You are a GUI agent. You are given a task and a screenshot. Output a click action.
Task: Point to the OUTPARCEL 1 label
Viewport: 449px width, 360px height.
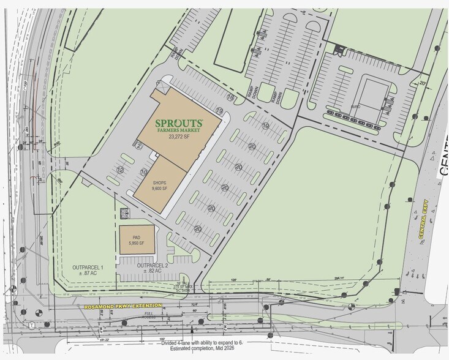tap(89, 270)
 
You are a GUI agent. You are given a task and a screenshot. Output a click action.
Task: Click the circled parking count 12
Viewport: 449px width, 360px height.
tap(121, 169)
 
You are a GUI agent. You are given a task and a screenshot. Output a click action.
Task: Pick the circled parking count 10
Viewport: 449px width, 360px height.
tap(143, 173)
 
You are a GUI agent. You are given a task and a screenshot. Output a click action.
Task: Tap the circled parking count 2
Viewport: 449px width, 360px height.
tap(139, 144)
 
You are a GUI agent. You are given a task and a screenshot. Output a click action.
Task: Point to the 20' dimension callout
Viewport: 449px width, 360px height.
tap(421, 84)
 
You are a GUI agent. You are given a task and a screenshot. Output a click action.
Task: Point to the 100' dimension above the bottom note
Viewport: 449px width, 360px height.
tap(162, 338)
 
